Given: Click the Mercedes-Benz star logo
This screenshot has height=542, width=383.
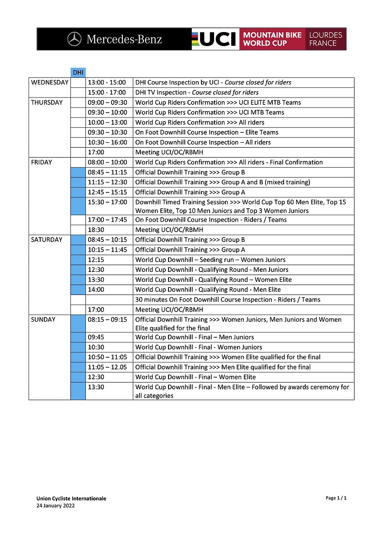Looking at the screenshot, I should [x=74, y=39].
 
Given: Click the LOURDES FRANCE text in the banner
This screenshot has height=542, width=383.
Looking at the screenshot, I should [x=325, y=39].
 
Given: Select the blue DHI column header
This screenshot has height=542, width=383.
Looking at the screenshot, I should [x=78, y=72].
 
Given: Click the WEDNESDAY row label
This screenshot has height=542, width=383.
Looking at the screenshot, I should [x=50, y=83].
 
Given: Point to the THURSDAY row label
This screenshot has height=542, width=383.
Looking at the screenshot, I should [x=47, y=103].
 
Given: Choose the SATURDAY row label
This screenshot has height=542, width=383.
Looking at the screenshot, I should [x=47, y=240].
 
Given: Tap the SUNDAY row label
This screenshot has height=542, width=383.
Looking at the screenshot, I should [x=43, y=319].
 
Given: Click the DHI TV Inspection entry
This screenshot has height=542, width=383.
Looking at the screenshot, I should [x=197, y=93].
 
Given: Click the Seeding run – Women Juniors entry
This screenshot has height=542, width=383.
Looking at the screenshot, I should [x=210, y=260].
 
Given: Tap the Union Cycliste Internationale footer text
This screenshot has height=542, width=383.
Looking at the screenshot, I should [x=71, y=499].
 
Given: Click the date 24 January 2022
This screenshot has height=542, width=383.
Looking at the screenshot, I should [x=56, y=506].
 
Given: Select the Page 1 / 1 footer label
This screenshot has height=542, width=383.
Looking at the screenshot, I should [x=336, y=498].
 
